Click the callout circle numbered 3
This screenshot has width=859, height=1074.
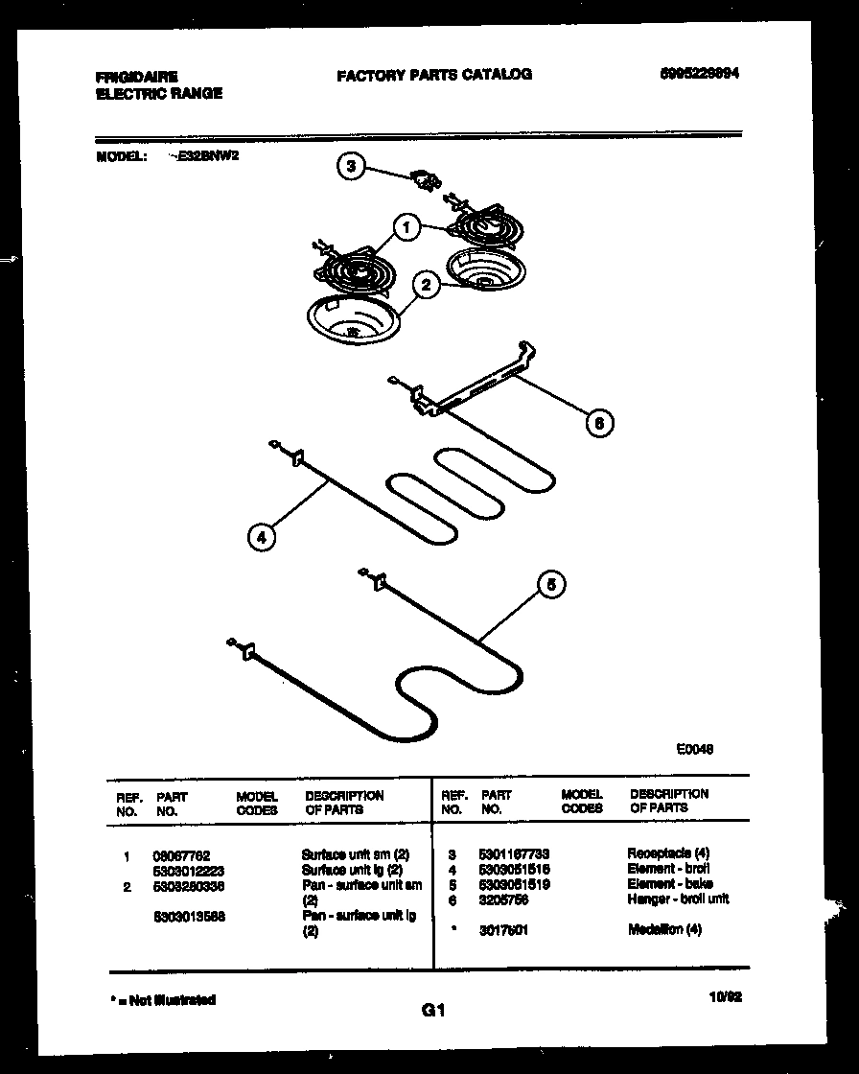[352, 167]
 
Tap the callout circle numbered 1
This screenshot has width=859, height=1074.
[407, 227]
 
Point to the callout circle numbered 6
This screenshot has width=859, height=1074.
[599, 422]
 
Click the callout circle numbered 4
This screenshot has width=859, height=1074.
[261, 536]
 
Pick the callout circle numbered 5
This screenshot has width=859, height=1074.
[550, 585]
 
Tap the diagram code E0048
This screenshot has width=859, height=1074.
[694, 750]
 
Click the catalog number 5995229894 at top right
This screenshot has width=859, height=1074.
[700, 74]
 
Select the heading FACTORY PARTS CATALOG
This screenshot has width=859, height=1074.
[433, 74]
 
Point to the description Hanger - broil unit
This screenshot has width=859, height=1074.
[678, 899]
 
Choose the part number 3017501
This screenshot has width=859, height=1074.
[503, 929]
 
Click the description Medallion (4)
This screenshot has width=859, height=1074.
[663, 929]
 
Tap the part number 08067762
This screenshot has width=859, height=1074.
[181, 853]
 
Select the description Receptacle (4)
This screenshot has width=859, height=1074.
[667, 852]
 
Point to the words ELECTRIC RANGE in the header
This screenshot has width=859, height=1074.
[159, 94]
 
